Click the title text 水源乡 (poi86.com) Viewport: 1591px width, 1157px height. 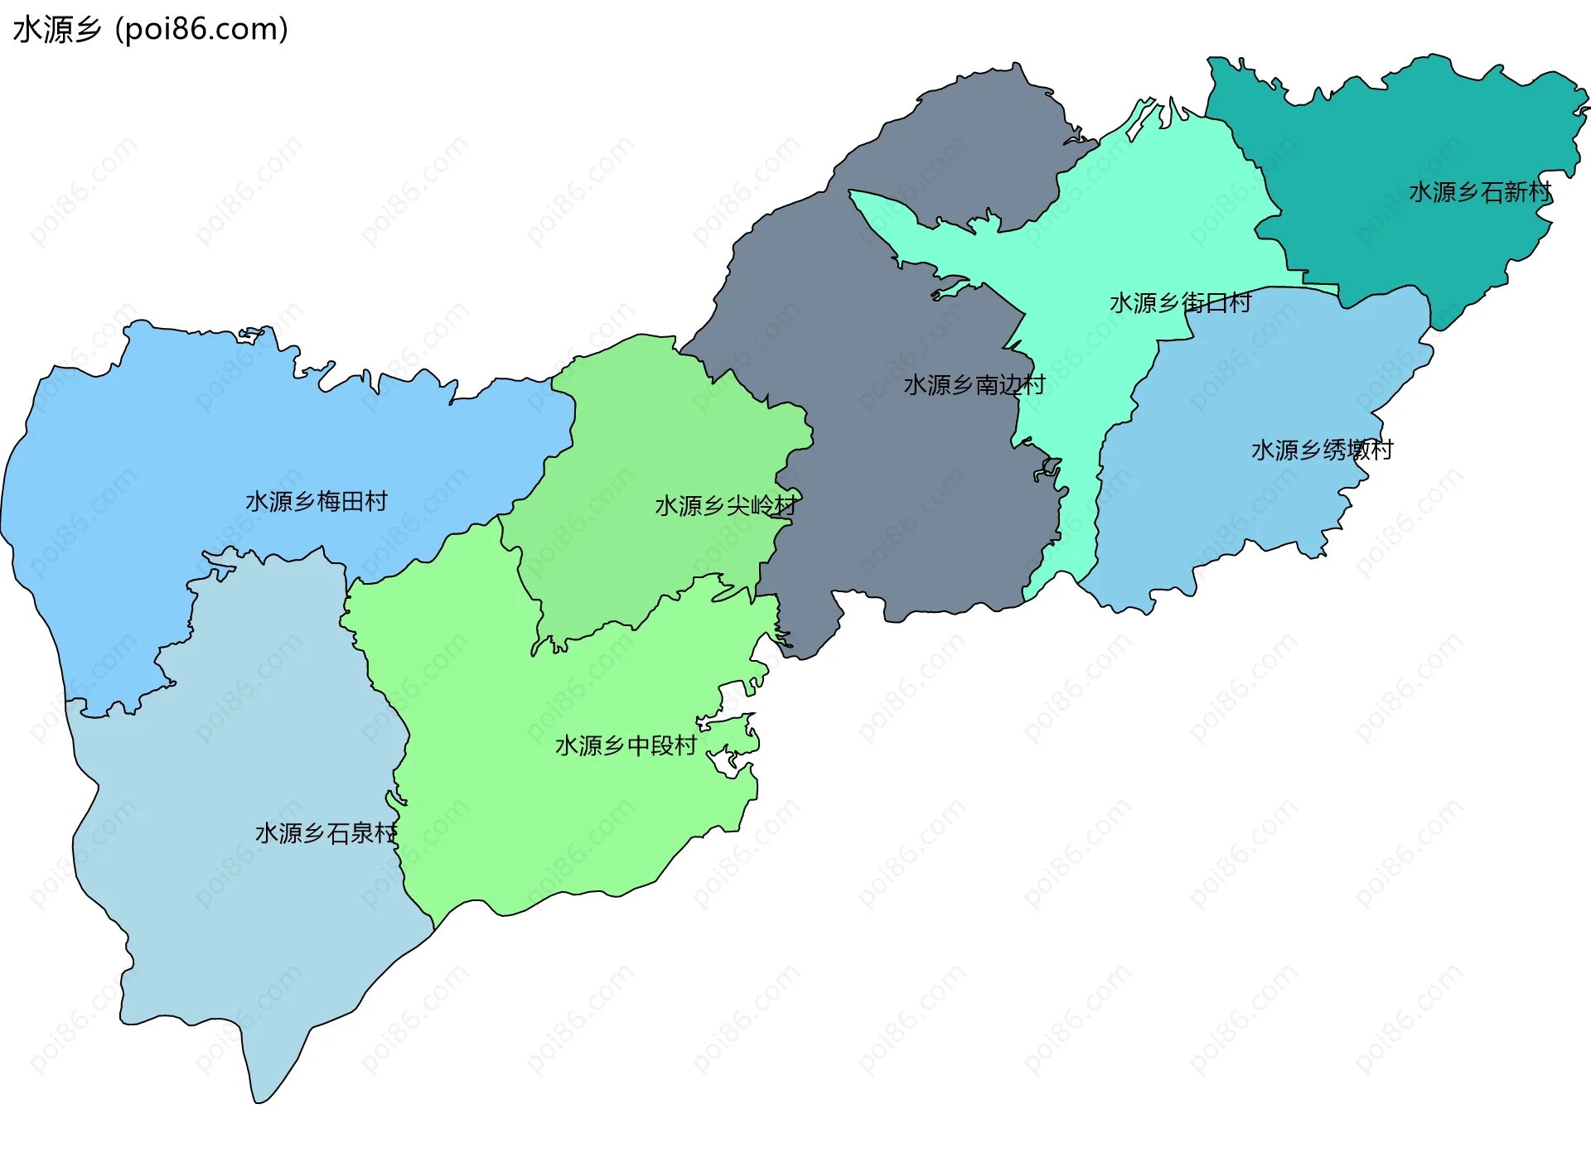click(150, 30)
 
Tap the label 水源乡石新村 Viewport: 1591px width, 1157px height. click(1479, 192)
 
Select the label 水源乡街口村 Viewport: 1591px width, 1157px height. click(1180, 303)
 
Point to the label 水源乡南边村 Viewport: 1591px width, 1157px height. click(974, 385)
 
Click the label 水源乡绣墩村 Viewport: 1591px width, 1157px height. click(1322, 451)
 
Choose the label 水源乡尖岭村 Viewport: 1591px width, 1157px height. click(726, 505)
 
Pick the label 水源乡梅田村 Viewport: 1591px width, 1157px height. click(316, 502)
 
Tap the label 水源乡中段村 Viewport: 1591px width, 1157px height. click(626, 746)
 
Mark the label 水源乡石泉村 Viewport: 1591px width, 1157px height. click(326, 833)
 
